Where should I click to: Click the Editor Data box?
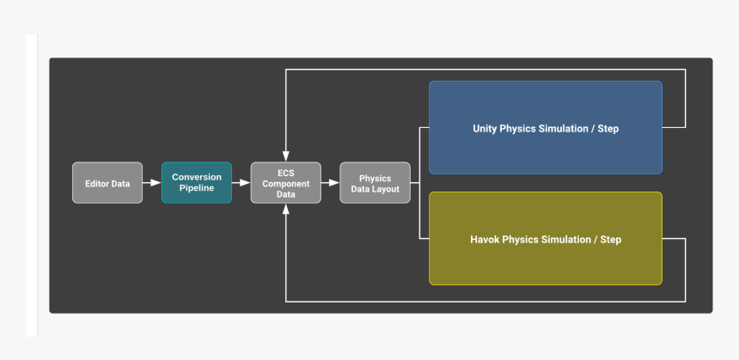107,183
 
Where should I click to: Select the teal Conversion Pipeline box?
197,183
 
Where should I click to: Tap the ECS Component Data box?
285,183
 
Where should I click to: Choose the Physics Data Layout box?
375,183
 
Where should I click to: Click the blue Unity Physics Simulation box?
546,128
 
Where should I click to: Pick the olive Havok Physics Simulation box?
546,238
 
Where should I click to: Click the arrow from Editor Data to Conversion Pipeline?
152,183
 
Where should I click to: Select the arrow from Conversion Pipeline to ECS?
241,183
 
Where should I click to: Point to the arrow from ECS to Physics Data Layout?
331,183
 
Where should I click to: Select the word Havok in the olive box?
486,240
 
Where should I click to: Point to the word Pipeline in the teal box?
197,188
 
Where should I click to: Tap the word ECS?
285,173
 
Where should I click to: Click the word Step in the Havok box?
610,240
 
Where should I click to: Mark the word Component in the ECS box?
285,183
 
